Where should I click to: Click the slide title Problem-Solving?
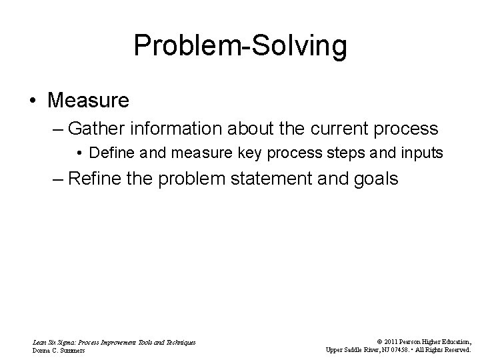(x=240, y=47)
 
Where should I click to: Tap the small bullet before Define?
(x=79, y=153)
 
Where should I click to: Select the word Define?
(x=108, y=153)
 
